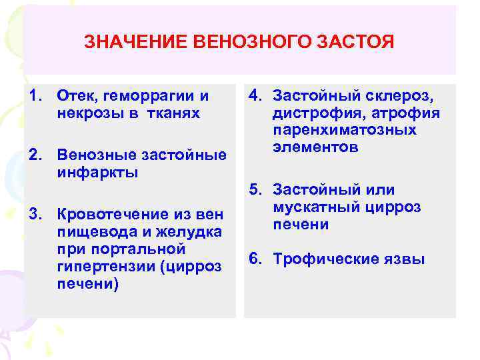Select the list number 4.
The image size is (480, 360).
tap(254, 96)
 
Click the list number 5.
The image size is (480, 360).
tap(254, 190)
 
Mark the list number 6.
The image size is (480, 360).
tap(254, 259)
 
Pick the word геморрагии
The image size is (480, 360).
tap(148, 96)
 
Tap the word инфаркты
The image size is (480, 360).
tap(97, 173)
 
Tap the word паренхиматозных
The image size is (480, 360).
tap(345, 130)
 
